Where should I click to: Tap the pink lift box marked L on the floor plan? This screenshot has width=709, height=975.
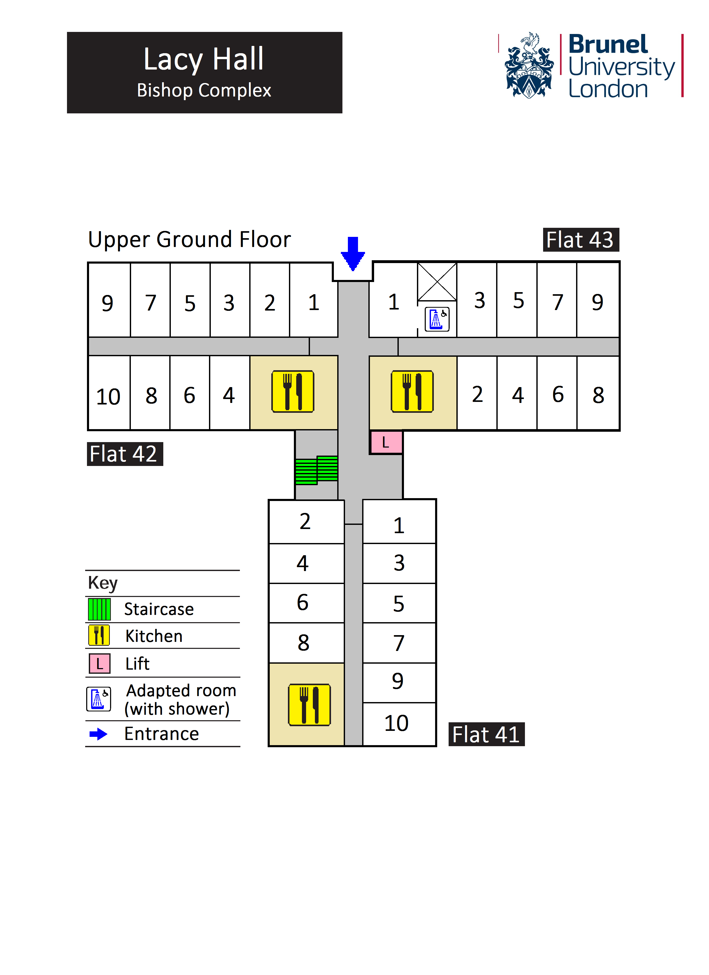pos(386,442)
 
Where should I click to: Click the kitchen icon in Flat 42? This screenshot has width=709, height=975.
pos(293,392)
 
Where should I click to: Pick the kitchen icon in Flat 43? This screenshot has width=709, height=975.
pos(412,392)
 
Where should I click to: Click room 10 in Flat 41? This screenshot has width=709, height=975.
pos(397,723)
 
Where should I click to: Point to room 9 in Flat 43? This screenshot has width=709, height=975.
pos(598,302)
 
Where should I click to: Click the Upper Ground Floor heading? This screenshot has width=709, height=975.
pos(189,239)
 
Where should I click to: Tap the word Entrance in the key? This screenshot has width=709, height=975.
pos(161,734)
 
